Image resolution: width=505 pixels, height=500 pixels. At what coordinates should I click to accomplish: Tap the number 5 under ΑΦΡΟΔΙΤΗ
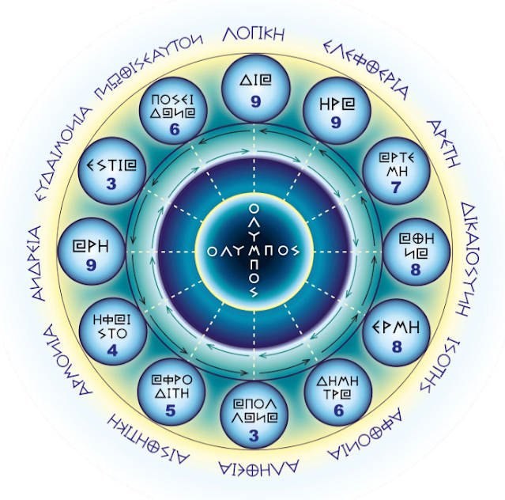point(171,410)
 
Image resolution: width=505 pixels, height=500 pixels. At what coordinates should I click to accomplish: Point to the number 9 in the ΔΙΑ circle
point(252,100)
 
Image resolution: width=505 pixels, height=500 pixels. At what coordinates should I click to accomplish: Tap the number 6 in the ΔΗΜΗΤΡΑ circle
point(338,410)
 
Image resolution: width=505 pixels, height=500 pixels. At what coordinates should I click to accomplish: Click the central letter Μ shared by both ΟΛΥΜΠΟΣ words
point(252,249)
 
